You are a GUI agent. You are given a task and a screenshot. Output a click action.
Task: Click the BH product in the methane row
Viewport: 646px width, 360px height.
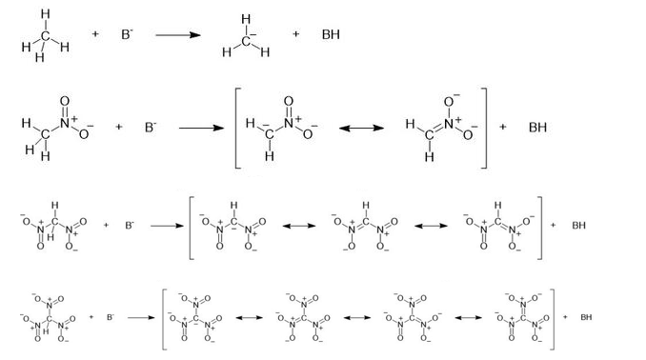point(331,34)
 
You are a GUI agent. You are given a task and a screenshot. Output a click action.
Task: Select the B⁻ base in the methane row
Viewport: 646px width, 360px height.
point(127,34)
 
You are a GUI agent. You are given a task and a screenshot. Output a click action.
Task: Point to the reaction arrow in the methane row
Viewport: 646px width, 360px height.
point(178,35)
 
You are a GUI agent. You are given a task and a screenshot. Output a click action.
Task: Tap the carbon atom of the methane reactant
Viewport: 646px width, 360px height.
point(46,36)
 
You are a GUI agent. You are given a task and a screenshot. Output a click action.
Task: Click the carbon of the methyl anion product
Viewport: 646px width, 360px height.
point(246,41)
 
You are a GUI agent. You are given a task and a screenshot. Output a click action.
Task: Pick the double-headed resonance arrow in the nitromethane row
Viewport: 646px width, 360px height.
point(361,129)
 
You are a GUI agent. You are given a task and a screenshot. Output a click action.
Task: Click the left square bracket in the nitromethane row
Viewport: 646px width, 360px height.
point(237,129)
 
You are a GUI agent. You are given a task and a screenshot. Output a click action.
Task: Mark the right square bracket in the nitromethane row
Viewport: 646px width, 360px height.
point(484,129)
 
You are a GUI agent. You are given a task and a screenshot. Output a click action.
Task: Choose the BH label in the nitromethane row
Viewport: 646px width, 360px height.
point(537,128)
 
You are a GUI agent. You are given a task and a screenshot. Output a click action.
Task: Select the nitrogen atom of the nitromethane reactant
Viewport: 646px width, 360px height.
point(65,122)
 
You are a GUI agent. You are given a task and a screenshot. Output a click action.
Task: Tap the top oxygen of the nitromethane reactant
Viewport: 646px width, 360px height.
point(65,101)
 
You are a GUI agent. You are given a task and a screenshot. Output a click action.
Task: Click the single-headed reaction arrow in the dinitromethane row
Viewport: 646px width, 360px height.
point(167,226)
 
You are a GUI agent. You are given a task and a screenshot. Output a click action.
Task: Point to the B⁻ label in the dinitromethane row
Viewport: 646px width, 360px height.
point(130,226)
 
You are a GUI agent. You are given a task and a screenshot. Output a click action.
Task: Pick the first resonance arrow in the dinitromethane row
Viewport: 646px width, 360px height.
point(299,226)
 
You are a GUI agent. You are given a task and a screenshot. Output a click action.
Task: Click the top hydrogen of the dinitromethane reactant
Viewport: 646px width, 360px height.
point(55,206)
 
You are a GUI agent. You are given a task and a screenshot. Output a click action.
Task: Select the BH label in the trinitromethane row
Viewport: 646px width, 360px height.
point(586,317)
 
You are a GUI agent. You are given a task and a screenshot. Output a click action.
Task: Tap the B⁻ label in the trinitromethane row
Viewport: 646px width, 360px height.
point(111,317)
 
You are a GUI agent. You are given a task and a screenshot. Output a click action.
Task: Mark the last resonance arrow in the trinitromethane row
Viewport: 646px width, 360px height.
point(469,317)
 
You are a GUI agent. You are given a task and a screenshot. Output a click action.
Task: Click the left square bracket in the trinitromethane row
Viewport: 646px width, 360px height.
point(165,320)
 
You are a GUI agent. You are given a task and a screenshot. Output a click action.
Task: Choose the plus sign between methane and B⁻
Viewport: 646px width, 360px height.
point(94,34)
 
